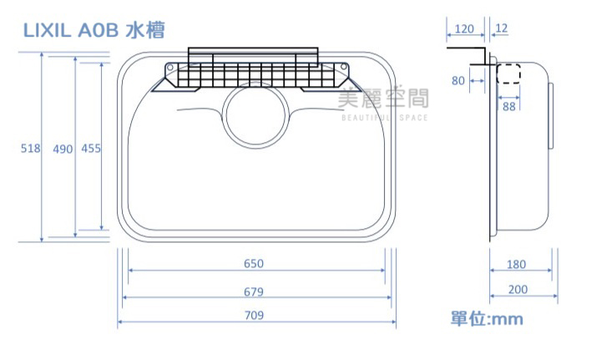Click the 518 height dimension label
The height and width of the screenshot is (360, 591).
(x=31, y=148)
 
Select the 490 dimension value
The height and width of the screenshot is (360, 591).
(x=63, y=150)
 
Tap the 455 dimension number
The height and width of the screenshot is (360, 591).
(x=91, y=148)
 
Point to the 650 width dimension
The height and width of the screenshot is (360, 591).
(x=254, y=263)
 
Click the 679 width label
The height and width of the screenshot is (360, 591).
(x=254, y=292)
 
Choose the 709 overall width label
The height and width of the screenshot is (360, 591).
(x=254, y=315)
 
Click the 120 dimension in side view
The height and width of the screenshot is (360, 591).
(x=464, y=29)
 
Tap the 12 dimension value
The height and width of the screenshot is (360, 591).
(x=502, y=28)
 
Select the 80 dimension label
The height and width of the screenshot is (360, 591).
(x=458, y=81)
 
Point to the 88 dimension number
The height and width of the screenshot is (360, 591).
(x=509, y=107)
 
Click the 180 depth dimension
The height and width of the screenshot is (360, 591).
(x=516, y=265)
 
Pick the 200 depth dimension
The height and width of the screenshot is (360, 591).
(x=518, y=290)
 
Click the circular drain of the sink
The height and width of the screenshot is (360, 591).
(x=224, y=115)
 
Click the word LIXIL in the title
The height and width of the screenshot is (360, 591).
(x=47, y=30)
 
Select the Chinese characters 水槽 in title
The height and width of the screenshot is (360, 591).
(x=145, y=30)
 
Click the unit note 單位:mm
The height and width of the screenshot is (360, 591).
(x=487, y=319)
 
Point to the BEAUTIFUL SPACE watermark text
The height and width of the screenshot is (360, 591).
(x=385, y=118)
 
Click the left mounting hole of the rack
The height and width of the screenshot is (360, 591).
(x=170, y=68)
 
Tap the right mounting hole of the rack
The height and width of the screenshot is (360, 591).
(x=343, y=67)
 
